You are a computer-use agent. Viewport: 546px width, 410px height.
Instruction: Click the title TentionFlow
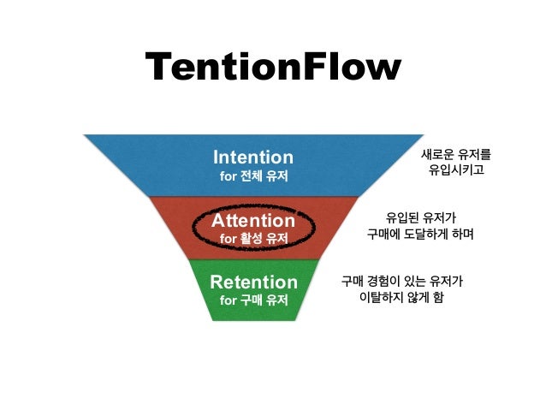click(272, 68)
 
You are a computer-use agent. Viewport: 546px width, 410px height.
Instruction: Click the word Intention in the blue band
click(252, 157)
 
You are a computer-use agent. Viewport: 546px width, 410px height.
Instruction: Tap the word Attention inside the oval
click(252, 220)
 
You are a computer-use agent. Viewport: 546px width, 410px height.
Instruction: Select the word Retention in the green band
click(253, 282)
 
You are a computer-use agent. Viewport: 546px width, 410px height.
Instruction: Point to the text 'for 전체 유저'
click(252, 176)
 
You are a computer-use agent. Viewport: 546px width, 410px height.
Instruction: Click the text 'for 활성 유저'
click(253, 238)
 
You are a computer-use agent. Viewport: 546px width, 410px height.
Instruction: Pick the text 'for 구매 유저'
click(253, 300)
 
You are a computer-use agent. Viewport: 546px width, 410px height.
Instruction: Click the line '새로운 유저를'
click(456, 155)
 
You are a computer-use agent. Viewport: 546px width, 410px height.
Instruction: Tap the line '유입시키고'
click(456, 172)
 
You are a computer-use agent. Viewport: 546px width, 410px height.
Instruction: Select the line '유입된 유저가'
click(421, 217)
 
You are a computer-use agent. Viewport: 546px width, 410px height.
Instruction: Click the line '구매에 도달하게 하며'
click(420, 234)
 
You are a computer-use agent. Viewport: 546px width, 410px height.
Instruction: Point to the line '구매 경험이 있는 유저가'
click(402, 280)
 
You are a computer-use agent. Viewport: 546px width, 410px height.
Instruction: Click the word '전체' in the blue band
click(252, 176)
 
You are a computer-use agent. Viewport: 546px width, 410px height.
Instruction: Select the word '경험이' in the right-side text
click(386, 280)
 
